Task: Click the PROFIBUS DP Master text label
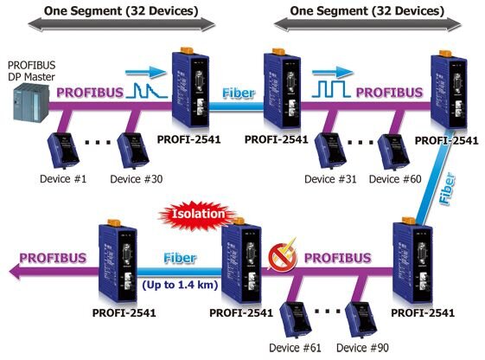(30, 70)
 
